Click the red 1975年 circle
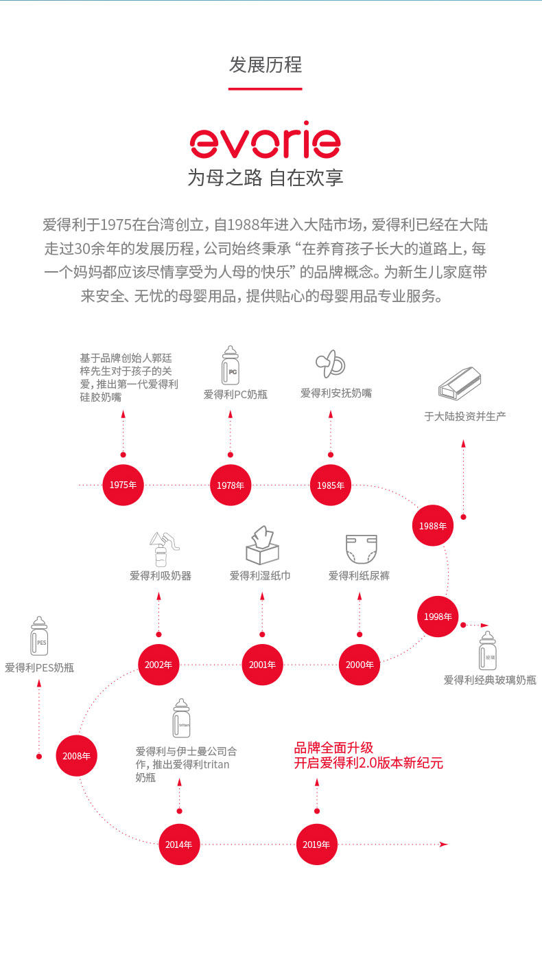pyautogui.click(x=123, y=485)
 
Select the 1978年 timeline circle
pyautogui.click(x=230, y=485)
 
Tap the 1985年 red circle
pyautogui.click(x=331, y=485)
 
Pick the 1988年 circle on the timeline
pyautogui.click(x=433, y=526)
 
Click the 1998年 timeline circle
pyautogui.click(x=438, y=617)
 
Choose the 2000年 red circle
pyautogui.click(x=360, y=665)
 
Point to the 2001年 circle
pyautogui.click(x=262, y=665)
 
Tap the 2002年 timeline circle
pyautogui.click(x=158, y=665)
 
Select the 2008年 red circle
pyautogui.click(x=76, y=755)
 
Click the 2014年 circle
pyautogui.click(x=179, y=844)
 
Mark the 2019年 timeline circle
pyautogui.click(x=316, y=844)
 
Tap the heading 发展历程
pyautogui.click(x=265, y=65)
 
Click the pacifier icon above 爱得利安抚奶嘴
pyautogui.click(x=330, y=364)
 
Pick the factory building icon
pyautogui.click(x=460, y=384)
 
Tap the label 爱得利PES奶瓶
pyautogui.click(x=39, y=667)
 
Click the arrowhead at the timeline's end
pyautogui.click(x=444, y=844)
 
